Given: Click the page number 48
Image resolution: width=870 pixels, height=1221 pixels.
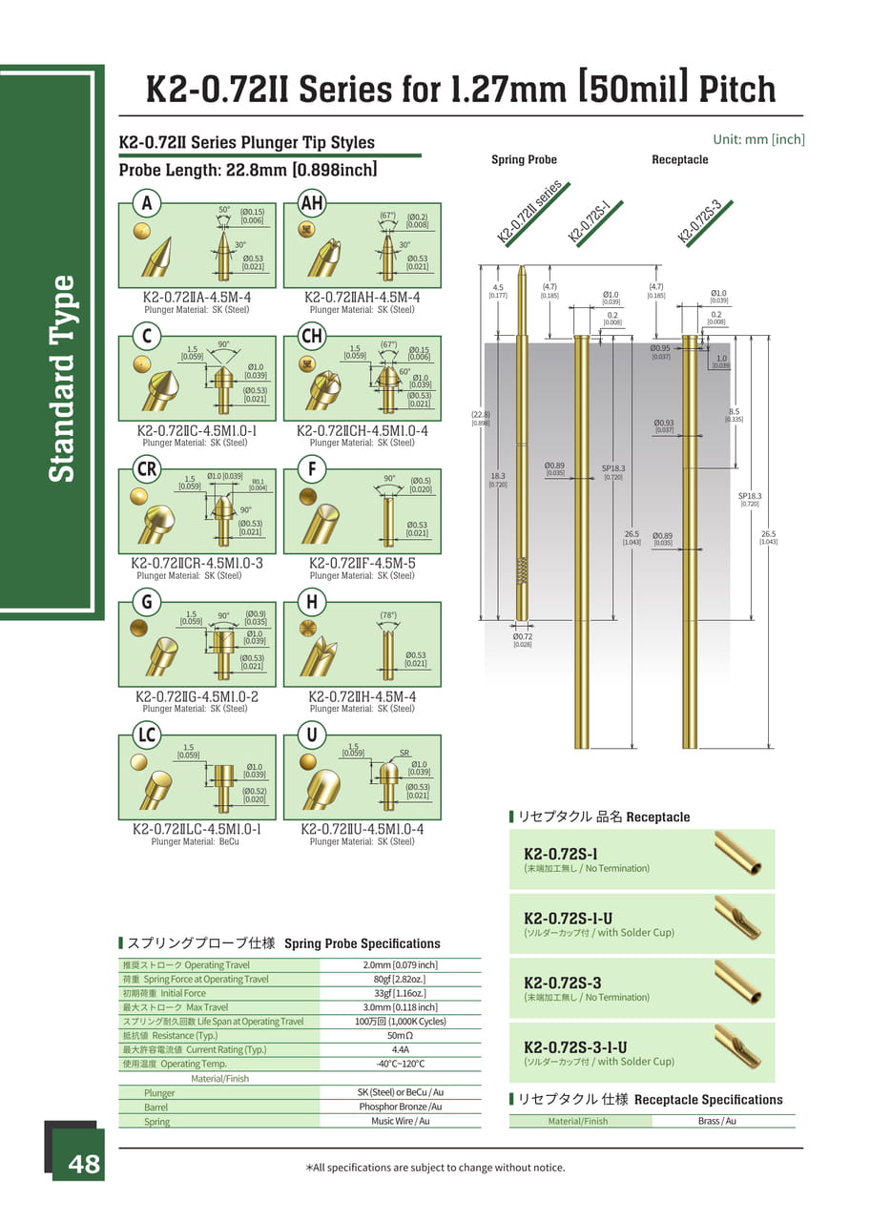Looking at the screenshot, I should click(83, 1165).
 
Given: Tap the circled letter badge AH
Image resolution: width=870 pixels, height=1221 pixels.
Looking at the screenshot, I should click(312, 203).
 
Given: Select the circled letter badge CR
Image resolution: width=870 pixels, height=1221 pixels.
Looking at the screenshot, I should click(147, 469).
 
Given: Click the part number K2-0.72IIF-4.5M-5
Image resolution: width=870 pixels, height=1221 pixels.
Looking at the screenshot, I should click(362, 563).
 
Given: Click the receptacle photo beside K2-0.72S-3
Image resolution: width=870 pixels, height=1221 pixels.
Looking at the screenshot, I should click(738, 983).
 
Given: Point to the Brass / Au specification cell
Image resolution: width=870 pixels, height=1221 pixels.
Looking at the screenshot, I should click(716, 1121).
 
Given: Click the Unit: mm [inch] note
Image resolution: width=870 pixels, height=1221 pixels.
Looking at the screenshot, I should click(758, 139).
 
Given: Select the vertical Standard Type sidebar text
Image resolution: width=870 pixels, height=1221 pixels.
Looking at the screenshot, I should click(61, 379).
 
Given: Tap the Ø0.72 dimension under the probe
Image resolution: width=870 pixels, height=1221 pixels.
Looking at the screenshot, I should click(522, 636).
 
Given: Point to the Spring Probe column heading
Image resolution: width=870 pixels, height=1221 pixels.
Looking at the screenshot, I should click(524, 159).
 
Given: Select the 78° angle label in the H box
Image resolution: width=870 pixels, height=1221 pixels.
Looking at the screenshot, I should click(388, 615).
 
